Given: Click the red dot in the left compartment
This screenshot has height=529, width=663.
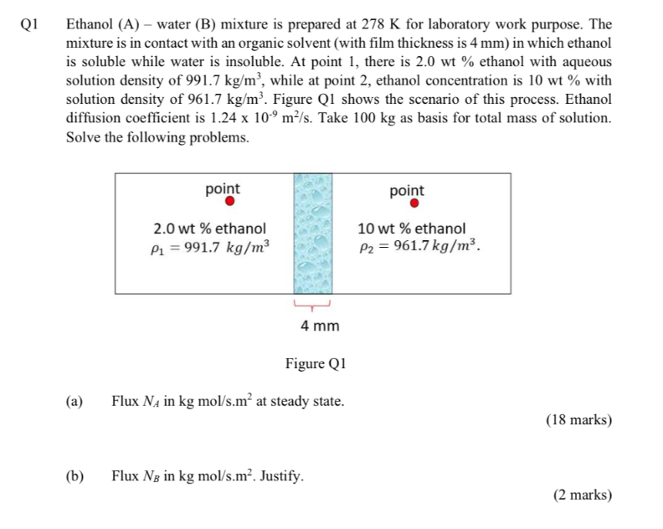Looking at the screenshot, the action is click(x=229, y=203).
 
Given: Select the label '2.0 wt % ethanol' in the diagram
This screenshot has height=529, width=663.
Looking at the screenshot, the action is click(x=209, y=229).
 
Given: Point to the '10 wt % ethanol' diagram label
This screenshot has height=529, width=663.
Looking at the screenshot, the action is click(x=412, y=229).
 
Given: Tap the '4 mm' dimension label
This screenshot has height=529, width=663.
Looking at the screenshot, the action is click(x=319, y=325).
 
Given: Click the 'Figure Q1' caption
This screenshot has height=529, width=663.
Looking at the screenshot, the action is click(x=316, y=364).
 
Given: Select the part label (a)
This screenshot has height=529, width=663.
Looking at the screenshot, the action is click(x=75, y=402).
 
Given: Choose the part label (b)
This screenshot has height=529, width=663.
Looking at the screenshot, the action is click(x=75, y=476).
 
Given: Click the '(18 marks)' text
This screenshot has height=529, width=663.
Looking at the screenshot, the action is click(x=578, y=420).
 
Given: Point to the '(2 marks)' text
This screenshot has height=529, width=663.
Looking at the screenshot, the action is click(x=583, y=496).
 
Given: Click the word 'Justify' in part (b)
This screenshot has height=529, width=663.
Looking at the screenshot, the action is click(x=281, y=476).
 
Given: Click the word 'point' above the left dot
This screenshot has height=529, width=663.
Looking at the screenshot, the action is click(x=223, y=189).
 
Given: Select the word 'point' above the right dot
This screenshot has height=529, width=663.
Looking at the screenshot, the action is click(x=407, y=191).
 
